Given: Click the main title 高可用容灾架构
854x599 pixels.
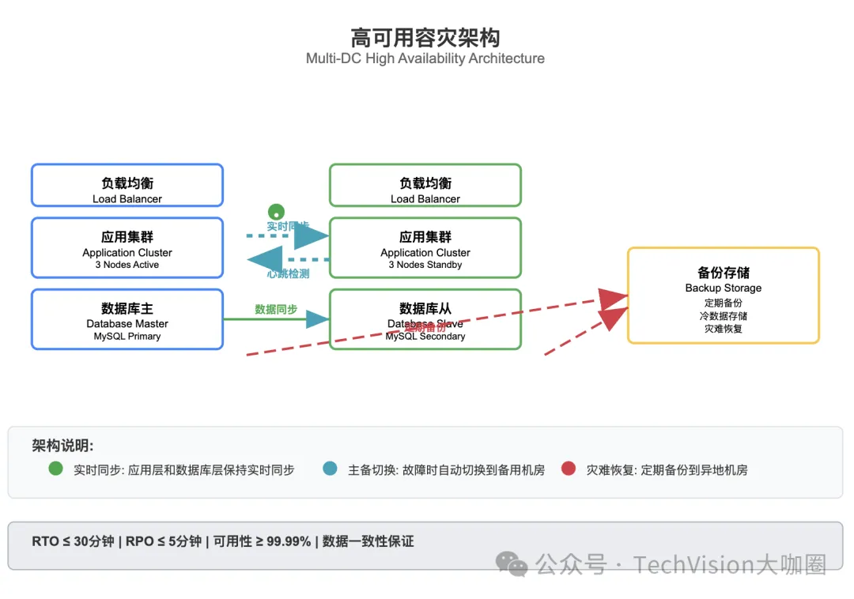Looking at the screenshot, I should click(x=425, y=37).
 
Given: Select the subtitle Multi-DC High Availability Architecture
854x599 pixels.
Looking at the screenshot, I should click(x=425, y=58).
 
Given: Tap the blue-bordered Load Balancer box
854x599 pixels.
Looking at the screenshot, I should click(x=127, y=186).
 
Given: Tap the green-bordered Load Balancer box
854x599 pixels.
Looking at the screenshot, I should click(x=425, y=186).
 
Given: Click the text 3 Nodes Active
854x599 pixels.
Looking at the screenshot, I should click(x=127, y=265).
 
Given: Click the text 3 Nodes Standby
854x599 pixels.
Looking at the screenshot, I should click(x=425, y=265).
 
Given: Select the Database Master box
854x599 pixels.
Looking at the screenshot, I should click(x=127, y=318).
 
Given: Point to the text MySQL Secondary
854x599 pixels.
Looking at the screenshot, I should click(x=425, y=337).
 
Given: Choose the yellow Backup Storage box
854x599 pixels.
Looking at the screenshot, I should click(x=723, y=295).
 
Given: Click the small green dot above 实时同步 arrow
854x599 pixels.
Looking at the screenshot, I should click(x=276, y=212).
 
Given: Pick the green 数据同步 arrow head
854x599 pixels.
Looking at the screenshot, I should click(x=317, y=319).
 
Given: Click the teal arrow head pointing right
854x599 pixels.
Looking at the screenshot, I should click(x=312, y=235).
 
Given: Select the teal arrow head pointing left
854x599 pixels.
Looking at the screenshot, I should click(x=266, y=258).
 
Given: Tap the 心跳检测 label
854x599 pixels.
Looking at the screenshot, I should click(x=288, y=273).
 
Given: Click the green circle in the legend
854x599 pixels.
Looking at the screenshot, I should click(x=55, y=469).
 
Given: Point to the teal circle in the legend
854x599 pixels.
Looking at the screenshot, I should click(x=331, y=469).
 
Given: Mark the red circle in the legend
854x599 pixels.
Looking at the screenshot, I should click(x=568, y=469).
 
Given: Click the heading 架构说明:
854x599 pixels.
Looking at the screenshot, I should click(x=62, y=445).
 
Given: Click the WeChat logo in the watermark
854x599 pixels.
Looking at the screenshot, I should click(x=512, y=564).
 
